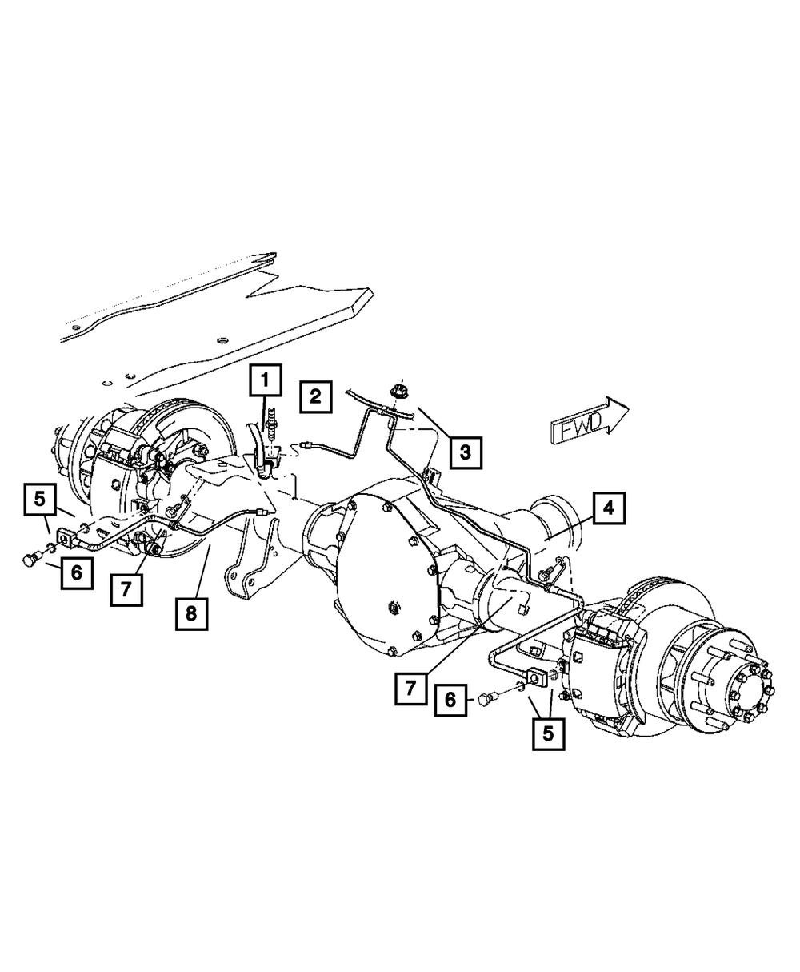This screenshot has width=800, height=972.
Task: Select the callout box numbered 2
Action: (x=316, y=396)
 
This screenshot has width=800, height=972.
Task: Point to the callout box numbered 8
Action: (x=193, y=615)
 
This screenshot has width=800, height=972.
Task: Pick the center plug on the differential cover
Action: (x=394, y=609)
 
